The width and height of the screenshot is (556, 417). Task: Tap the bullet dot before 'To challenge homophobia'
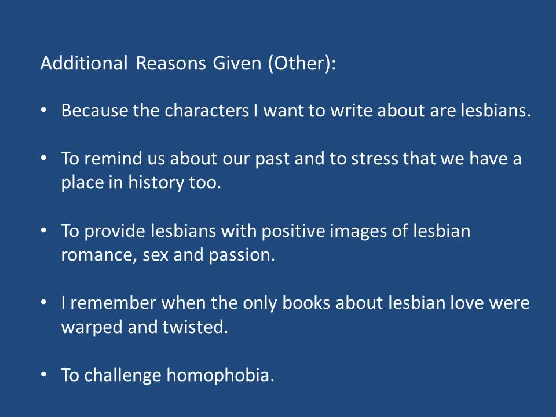[45, 375]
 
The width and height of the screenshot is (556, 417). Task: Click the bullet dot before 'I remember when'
[45, 303]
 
